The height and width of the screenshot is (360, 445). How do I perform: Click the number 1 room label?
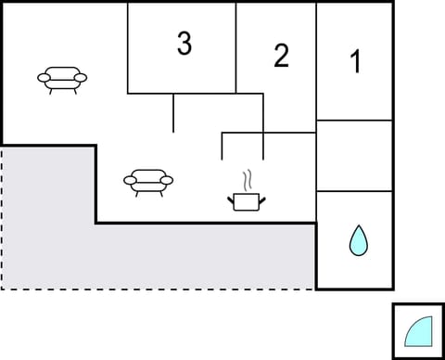pyautogui.click(x=354, y=62)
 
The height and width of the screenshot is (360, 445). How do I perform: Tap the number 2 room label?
pyautogui.click(x=281, y=56)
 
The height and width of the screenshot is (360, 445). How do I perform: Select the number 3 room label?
pyautogui.click(x=184, y=44)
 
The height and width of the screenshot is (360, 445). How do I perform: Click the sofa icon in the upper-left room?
pyautogui.click(x=62, y=79)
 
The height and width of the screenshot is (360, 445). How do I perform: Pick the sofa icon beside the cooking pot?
pyautogui.click(x=148, y=181)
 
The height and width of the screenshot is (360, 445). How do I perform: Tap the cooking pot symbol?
pyautogui.click(x=245, y=200)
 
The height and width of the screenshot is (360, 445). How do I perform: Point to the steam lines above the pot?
pyautogui.click(x=247, y=178)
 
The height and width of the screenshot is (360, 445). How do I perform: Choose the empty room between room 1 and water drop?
pyautogui.click(x=354, y=156)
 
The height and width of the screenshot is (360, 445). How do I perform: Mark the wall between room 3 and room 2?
pyautogui.click(x=236, y=46)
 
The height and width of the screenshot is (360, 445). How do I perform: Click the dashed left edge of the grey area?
pyautogui.click(x=2, y=218)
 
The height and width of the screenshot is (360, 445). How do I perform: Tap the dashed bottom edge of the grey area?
pyautogui.click(x=158, y=289)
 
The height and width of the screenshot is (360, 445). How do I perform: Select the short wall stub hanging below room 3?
pyautogui.click(x=173, y=112)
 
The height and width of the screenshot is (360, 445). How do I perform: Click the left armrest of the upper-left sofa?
pyautogui.click(x=44, y=78)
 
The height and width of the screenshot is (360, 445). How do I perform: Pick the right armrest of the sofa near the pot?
pyautogui.click(x=167, y=180)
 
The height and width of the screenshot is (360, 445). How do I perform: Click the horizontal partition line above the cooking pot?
pyautogui.click(x=243, y=135)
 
